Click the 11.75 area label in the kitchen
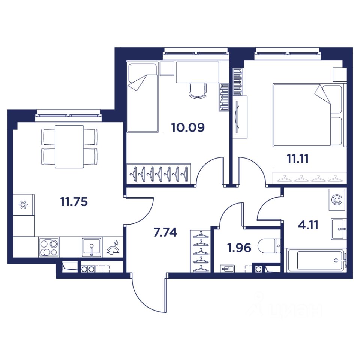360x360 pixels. click(74, 202)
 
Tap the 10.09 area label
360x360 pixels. click(188, 127)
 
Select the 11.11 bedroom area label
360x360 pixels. click(298, 159)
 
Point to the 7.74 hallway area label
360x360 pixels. click(165, 232)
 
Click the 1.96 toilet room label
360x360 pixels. click(239, 248)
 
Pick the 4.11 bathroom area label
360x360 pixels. click(308, 225)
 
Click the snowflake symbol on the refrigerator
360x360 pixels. click(23, 205)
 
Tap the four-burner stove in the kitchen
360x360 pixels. click(49, 247)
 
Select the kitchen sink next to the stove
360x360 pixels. click(91, 247)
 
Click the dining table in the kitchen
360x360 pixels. click(69, 147)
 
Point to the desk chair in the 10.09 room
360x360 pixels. click(198, 90)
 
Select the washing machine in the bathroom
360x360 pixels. click(337, 199)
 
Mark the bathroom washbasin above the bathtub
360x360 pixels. click(339, 229)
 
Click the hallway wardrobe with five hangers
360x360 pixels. click(200, 251)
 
